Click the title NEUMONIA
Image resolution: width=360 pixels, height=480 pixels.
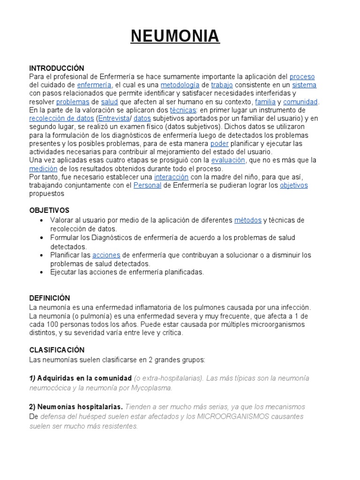175,36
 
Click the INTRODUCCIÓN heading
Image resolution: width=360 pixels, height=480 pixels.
57,68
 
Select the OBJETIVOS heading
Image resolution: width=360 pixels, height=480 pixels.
49,210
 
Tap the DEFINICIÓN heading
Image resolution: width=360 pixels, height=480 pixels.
50,298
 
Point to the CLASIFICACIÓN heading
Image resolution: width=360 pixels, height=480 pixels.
57,350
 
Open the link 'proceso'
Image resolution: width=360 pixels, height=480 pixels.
302,76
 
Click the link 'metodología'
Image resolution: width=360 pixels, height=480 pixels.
180,85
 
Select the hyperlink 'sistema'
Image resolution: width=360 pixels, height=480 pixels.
304,85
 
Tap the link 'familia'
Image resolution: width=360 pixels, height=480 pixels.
265,102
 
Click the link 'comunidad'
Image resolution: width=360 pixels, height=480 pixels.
300,102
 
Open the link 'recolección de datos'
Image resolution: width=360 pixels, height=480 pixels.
61,119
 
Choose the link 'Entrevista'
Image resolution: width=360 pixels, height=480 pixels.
113,119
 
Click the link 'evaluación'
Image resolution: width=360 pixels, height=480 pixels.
228,160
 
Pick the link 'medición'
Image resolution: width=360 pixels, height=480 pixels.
43,169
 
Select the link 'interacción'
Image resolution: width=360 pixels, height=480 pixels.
171,177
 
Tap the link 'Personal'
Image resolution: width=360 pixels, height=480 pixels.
147,186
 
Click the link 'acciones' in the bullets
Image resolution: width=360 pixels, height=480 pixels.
106,255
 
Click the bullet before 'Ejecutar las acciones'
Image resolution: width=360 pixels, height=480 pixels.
42,272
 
